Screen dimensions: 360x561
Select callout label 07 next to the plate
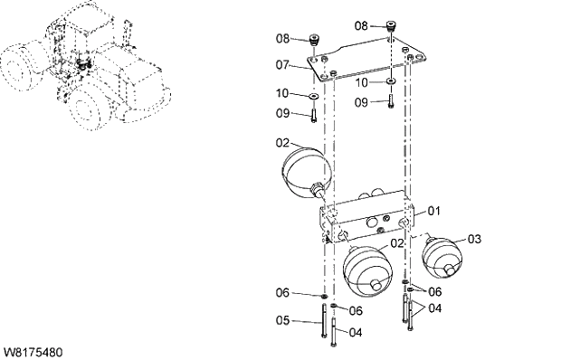point(282,65)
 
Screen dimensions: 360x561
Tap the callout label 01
point(433,211)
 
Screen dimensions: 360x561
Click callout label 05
point(282,319)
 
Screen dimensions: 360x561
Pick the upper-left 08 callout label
point(282,39)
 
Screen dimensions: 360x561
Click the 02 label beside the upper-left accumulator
point(282,143)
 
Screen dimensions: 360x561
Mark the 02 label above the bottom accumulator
point(395,244)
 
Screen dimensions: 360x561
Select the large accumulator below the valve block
point(368,270)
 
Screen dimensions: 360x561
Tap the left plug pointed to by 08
point(315,41)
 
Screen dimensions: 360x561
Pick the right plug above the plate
point(391,26)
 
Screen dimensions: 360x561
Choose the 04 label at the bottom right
point(436,308)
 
